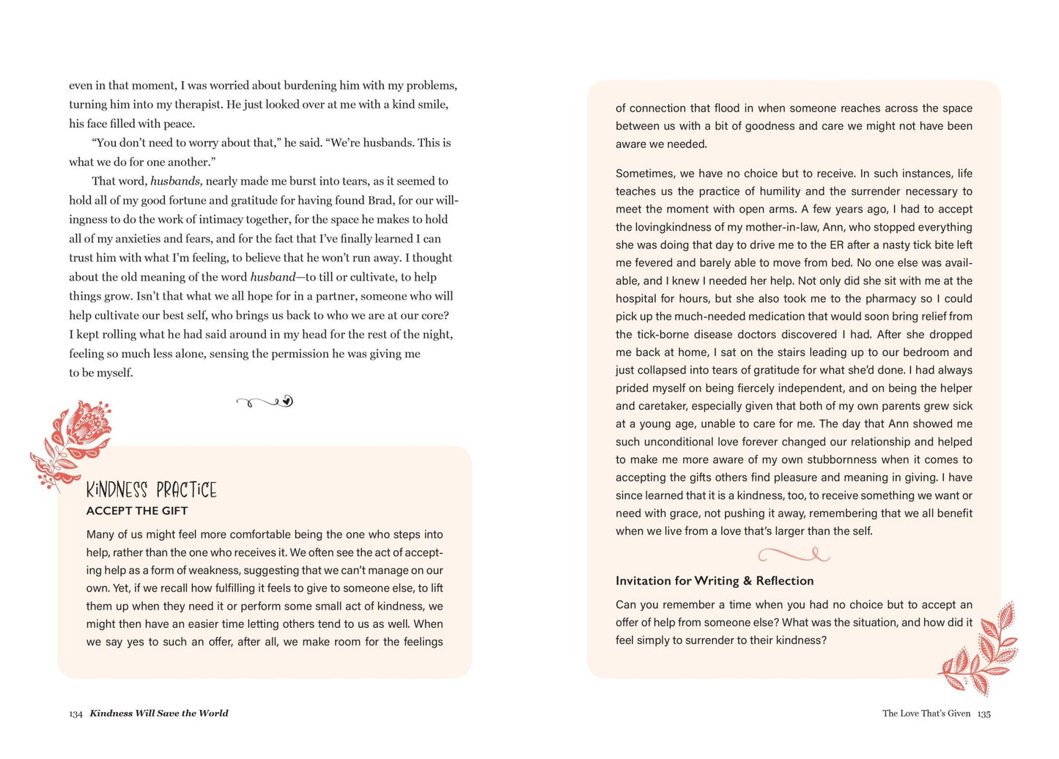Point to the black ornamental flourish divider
point(265,401)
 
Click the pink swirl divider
point(793,555)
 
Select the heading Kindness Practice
point(151,489)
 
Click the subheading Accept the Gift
point(137,511)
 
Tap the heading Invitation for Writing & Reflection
point(715,581)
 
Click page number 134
point(75,714)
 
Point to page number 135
point(984,714)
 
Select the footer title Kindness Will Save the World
point(159,713)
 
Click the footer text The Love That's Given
point(926,713)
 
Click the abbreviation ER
point(838,245)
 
